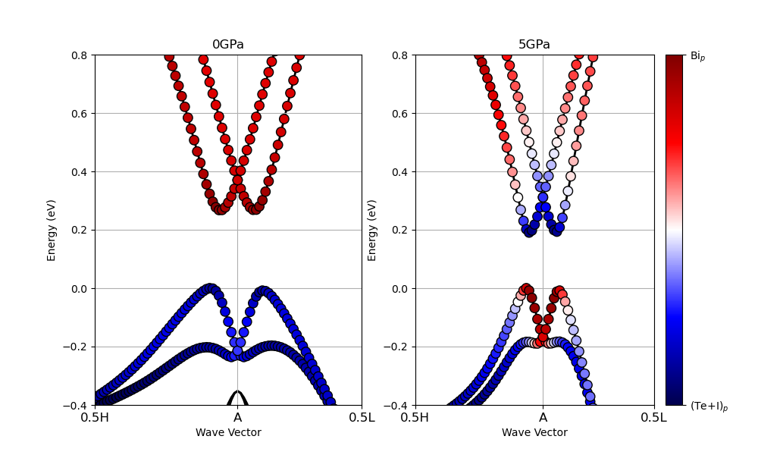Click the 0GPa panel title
point(227,45)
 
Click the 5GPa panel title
point(534,45)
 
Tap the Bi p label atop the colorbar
point(697,56)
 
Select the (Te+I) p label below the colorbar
point(709,406)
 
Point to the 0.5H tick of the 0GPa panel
point(95,418)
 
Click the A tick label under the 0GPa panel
point(237,418)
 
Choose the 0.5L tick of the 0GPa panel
point(362,418)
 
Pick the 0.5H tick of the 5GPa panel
point(415,418)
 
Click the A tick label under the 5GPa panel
point(543,418)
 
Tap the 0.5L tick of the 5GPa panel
point(654,418)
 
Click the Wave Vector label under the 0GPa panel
point(228,432)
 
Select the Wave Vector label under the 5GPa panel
point(534,432)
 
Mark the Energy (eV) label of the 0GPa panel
point(52,230)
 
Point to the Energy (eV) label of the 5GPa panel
point(372,230)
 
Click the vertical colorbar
point(674,230)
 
